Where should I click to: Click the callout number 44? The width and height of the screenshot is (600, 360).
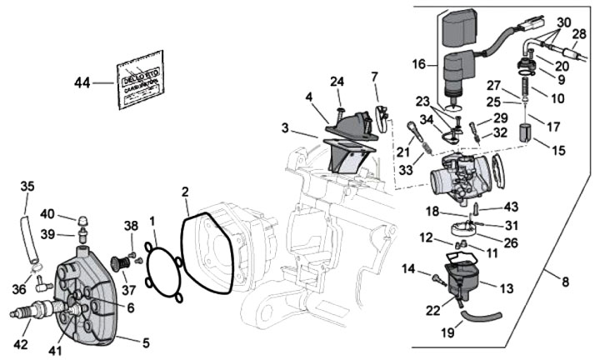[x=82, y=82]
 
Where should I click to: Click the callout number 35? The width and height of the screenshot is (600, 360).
[x=27, y=186]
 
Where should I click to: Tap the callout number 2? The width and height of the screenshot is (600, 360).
[x=186, y=192]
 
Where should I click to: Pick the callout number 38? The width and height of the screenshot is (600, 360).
[x=131, y=226]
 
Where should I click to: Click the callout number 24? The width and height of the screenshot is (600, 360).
[x=337, y=82]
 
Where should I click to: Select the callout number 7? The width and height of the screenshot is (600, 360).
[x=374, y=77]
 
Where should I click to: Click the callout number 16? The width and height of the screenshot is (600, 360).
[x=419, y=63]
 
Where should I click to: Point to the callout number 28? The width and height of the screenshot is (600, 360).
[x=578, y=33]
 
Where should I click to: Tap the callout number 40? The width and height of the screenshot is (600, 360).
[x=47, y=213]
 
